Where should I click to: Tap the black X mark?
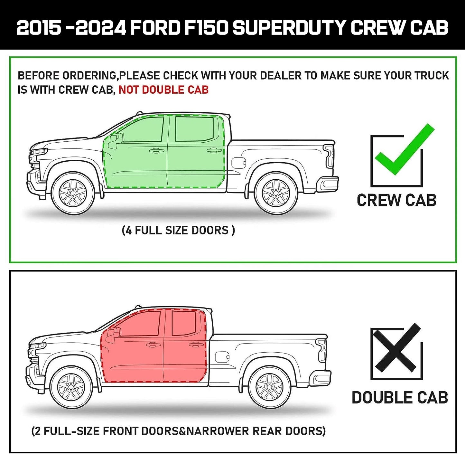click(x=397, y=351)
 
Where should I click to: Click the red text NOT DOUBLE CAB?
click(x=163, y=90)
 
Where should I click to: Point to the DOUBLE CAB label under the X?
click(x=400, y=398)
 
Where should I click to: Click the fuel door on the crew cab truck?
click(x=238, y=163)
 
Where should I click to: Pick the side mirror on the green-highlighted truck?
click(x=116, y=141)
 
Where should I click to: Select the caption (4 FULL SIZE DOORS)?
click(x=178, y=231)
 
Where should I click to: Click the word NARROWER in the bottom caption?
click(x=217, y=431)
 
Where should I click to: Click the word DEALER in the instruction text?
click(x=281, y=76)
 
